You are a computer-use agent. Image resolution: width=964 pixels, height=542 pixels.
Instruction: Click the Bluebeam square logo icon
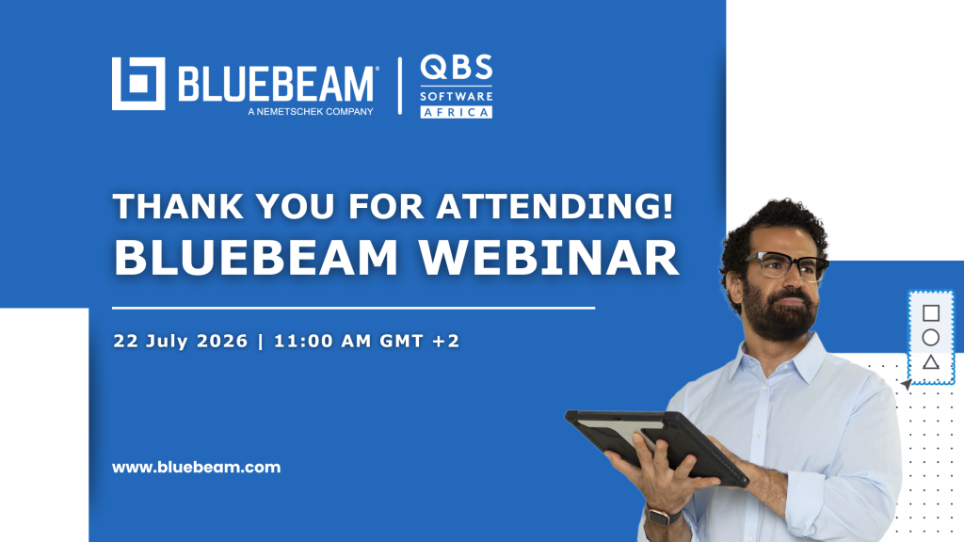138,84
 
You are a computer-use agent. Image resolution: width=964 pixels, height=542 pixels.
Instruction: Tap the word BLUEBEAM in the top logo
276,84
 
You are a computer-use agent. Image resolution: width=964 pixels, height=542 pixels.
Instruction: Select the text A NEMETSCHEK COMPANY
311,112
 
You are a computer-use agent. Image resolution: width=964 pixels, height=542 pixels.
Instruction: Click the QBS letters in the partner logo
457,67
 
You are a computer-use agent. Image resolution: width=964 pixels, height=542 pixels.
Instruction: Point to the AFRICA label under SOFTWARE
457,112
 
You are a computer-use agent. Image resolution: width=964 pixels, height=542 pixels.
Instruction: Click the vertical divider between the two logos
399,86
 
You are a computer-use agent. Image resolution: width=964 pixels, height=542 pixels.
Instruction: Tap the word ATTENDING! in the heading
555,206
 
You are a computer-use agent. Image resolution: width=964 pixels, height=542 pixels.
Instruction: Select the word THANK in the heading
178,206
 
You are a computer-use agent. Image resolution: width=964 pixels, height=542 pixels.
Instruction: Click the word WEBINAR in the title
549,258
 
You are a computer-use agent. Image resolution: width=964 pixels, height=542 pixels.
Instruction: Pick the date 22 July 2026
180,341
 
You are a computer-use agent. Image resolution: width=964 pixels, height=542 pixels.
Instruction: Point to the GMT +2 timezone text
419,341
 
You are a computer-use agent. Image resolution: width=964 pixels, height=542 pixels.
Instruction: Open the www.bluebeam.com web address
196,467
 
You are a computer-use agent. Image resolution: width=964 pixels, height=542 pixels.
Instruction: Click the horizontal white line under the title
354,308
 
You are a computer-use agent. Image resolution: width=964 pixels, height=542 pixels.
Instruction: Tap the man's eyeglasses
786,265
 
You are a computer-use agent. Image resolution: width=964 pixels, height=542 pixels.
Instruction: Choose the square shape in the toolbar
931,313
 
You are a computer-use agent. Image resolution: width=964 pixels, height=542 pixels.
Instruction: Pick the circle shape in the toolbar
931,338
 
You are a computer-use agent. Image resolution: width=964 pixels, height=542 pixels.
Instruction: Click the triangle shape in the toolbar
931,362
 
